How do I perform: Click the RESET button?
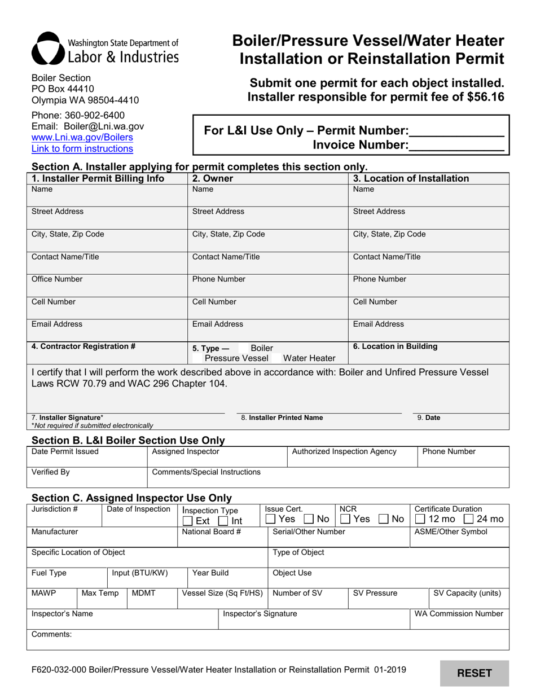474,673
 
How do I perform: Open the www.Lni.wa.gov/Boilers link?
82,138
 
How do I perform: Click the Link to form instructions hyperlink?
82,149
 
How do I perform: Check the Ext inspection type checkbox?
188,521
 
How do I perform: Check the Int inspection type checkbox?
223,521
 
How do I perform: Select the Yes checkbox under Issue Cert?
271,519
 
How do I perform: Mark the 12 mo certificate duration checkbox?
420,519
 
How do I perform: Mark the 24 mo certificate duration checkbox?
468,519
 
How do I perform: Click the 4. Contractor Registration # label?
84,346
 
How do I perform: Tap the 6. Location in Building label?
395,346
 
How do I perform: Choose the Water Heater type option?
309,358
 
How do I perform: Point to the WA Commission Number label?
458,614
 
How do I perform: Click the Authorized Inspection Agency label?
344,451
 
